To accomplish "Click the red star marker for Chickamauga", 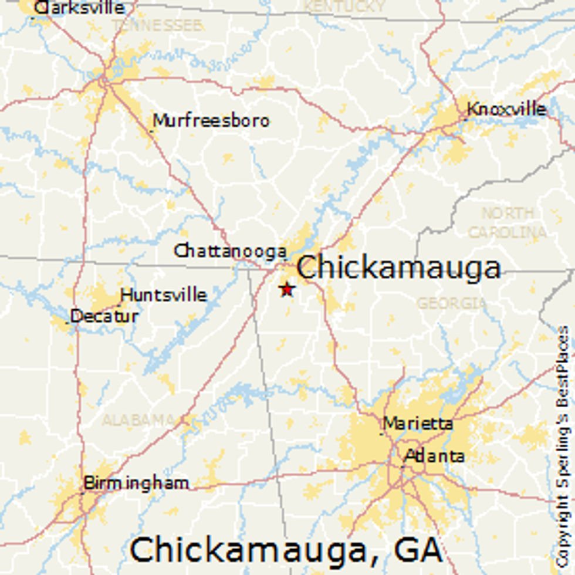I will click(x=286, y=289).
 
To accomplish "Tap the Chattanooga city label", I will click(x=230, y=251).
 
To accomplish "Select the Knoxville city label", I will click(x=506, y=110).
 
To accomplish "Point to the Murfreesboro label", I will click(x=211, y=121).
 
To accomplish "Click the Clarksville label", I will click(x=79, y=8).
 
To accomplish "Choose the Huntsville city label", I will click(x=164, y=295).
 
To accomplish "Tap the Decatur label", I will click(x=104, y=316).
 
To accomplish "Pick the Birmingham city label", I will click(x=136, y=483).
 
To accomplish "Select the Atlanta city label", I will click(x=435, y=456).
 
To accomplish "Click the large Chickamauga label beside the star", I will click(x=398, y=268).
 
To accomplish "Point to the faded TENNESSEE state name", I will click(x=157, y=25).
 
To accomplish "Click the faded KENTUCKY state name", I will click(x=344, y=6).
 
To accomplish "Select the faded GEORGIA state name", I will click(x=451, y=303).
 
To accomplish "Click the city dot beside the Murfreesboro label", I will click(x=152, y=130).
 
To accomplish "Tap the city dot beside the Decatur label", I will click(x=69, y=322).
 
